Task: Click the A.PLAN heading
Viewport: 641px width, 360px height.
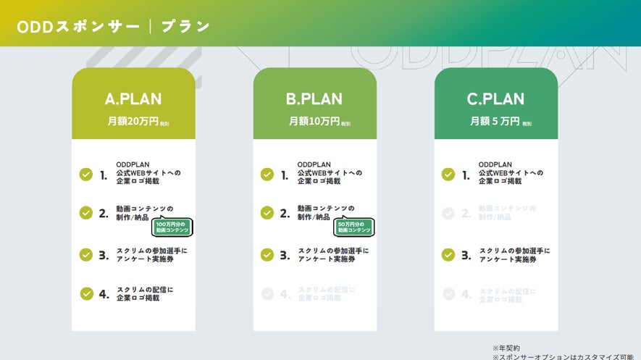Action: click(x=133, y=99)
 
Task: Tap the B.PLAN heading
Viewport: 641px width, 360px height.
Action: click(x=314, y=99)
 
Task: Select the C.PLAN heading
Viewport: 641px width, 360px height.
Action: click(x=495, y=99)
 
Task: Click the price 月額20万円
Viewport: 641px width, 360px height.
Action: click(x=133, y=121)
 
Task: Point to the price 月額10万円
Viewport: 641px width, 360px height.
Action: click(x=314, y=121)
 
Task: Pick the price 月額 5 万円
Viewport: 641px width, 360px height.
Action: click(x=495, y=121)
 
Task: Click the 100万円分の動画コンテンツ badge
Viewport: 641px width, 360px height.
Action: click(x=171, y=227)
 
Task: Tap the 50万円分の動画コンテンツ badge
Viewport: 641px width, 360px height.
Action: click(x=353, y=227)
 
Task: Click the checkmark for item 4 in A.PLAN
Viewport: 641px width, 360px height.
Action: click(x=86, y=293)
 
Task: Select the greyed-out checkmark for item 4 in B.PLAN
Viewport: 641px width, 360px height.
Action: click(x=267, y=293)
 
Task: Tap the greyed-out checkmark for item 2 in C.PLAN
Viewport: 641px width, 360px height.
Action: click(x=448, y=213)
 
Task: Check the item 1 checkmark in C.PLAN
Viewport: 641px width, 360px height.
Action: click(x=448, y=174)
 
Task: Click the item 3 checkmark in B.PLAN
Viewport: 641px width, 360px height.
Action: click(x=267, y=254)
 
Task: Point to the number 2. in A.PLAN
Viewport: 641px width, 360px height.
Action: click(x=104, y=214)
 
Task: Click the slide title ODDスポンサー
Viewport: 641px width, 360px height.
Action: click(x=77, y=27)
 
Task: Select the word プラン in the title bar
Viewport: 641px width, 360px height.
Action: click(x=185, y=27)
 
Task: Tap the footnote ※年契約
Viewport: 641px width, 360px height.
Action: click(x=506, y=348)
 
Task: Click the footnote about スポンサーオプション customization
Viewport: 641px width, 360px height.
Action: click(x=566, y=356)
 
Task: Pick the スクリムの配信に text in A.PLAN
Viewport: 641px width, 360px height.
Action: click(x=145, y=290)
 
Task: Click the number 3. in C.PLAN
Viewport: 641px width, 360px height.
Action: click(x=466, y=255)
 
